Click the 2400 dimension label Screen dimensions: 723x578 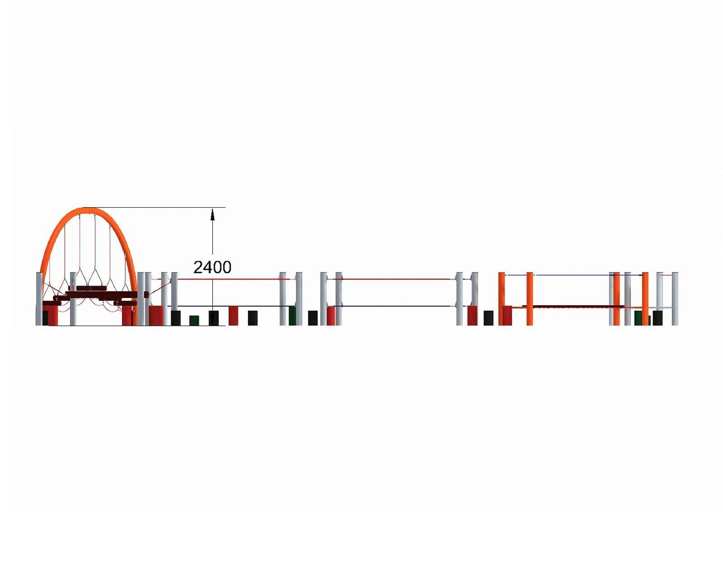tap(212, 268)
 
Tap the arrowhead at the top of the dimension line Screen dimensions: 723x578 tap(212, 214)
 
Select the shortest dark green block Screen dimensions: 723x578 tap(194, 321)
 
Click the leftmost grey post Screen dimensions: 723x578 tap(40, 299)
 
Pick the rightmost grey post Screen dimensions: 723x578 tap(674, 299)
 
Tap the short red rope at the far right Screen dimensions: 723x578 tap(666, 275)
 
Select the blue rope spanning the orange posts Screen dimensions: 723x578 tap(574, 275)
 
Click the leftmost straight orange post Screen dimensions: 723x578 tap(502, 299)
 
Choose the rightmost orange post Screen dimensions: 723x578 tap(645, 299)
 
